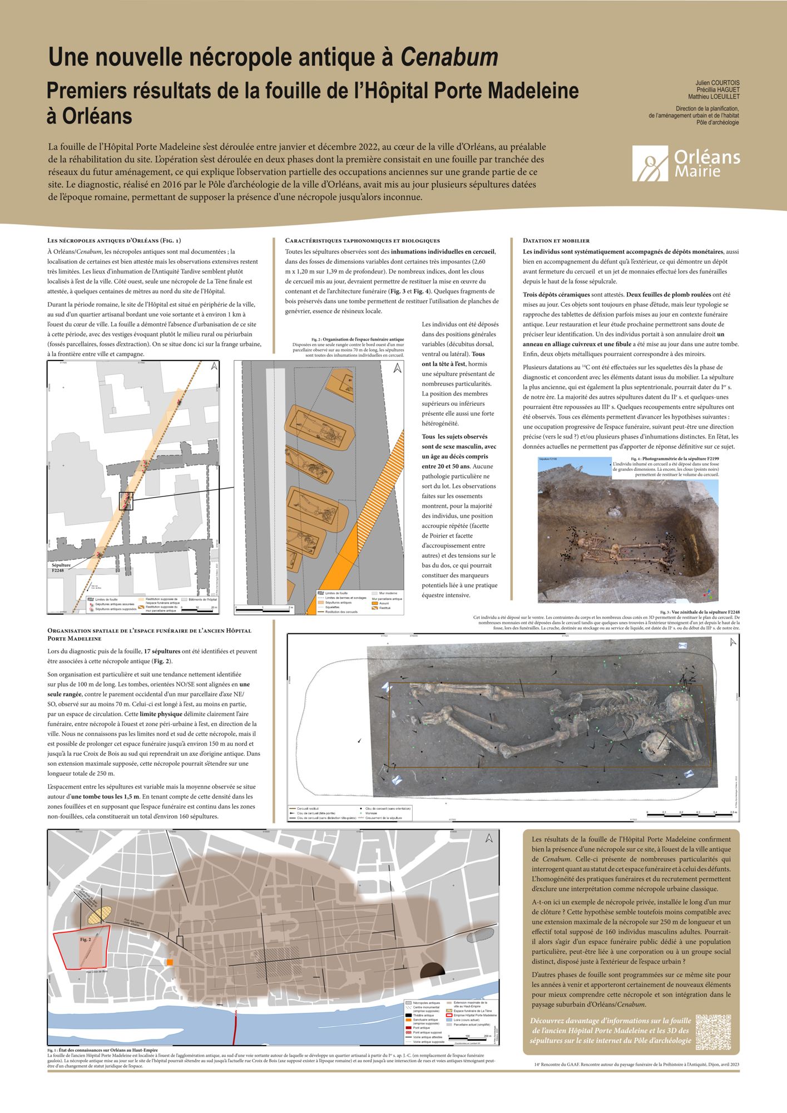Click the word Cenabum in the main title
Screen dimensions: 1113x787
[449, 57]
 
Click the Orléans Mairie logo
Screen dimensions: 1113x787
[686, 163]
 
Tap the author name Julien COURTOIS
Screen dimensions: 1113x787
[717, 83]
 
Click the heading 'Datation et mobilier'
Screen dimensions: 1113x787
[556, 240]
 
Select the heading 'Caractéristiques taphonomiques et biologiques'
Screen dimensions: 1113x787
[362, 240]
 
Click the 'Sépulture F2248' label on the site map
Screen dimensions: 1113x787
[61, 568]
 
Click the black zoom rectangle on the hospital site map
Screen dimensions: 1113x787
[126, 501]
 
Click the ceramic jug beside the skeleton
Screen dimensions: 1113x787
[655, 748]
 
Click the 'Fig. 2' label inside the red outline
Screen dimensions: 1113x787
[86, 939]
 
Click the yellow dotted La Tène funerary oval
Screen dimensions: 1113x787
[98, 914]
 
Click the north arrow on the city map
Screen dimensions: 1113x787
[489, 839]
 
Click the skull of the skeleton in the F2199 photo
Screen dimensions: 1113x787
[584, 543]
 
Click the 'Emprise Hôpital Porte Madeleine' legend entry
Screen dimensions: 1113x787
[472, 1014]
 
